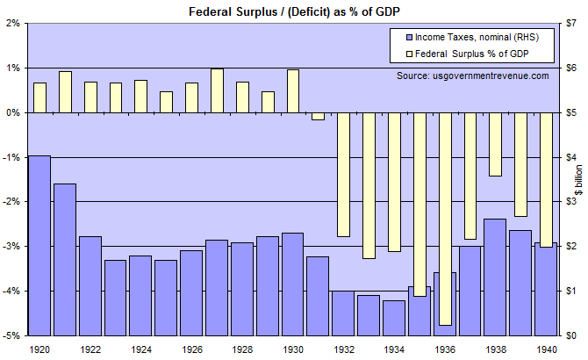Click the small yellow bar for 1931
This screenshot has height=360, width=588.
pyautogui.click(x=318, y=116)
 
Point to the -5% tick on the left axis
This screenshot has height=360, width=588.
pyautogui.click(x=12, y=335)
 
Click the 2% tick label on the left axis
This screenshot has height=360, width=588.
pyautogui.click(x=14, y=23)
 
